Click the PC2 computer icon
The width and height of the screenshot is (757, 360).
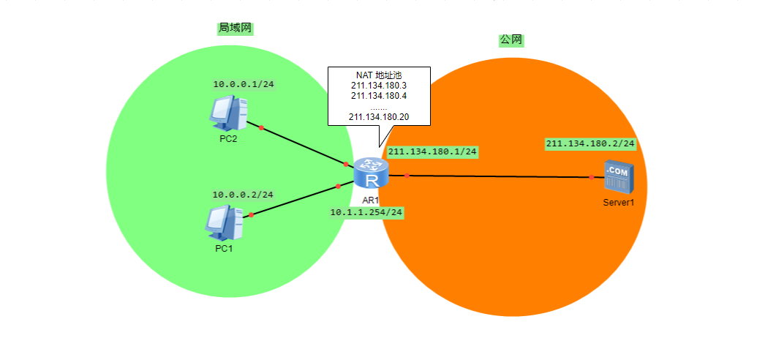point(227,114)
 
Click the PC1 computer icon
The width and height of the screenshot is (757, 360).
point(224,224)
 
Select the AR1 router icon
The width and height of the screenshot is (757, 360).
point(371,173)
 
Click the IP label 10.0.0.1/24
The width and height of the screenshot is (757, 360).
point(244,85)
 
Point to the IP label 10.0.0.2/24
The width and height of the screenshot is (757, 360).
point(243,195)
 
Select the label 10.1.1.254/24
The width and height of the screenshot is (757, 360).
point(366,212)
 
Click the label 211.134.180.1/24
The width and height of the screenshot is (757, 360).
point(432,152)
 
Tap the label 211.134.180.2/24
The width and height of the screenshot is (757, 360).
point(590,143)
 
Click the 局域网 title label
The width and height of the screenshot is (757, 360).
point(236,28)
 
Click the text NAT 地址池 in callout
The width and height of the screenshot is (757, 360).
point(379,75)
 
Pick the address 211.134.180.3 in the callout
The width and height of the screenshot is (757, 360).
point(379,86)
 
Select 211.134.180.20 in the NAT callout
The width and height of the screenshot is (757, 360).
point(379,116)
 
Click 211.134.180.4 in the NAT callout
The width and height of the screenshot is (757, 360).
point(379,96)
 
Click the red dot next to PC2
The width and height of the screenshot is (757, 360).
point(261,128)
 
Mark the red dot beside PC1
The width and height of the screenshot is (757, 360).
point(251,215)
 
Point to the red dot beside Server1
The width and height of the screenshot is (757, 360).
point(591,177)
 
